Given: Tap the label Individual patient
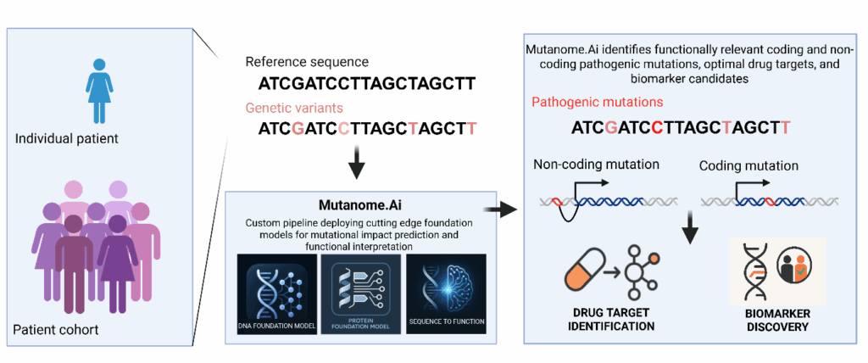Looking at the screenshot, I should coord(66,138).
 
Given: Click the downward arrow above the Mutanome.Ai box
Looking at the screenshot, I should coord(357,164).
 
